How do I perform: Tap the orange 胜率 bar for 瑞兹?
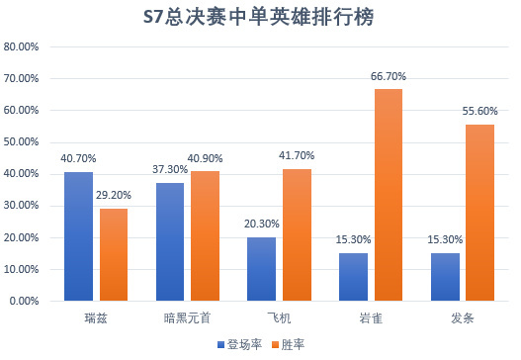pyautogui.click(x=115, y=254)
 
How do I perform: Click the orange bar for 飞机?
pyautogui.click(x=298, y=234)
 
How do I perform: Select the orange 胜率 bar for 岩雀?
pyautogui.click(x=390, y=195)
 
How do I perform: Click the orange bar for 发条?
pyautogui.click(x=480, y=213)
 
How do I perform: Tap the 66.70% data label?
pyautogui.click(x=390, y=77)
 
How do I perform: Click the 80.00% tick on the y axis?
pyautogui.click(x=21, y=47)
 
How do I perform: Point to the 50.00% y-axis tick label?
pyautogui.click(x=21, y=142)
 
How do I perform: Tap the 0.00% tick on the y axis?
pyautogui.click(x=24, y=301)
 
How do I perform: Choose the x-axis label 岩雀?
pyautogui.click(x=374, y=318)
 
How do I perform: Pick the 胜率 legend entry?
pyautogui.click(x=288, y=344)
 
